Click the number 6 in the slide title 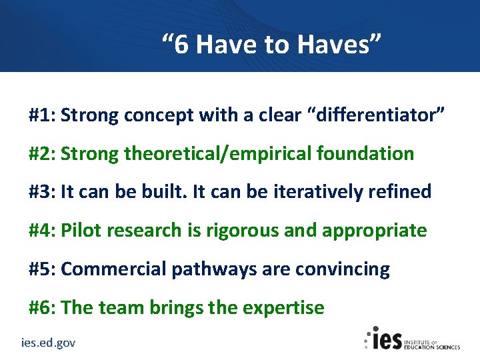(182, 45)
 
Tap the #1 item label (41, 115)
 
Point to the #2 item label (41, 153)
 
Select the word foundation (365, 153)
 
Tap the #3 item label (41, 192)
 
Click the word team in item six (119, 308)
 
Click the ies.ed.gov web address (47, 343)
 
